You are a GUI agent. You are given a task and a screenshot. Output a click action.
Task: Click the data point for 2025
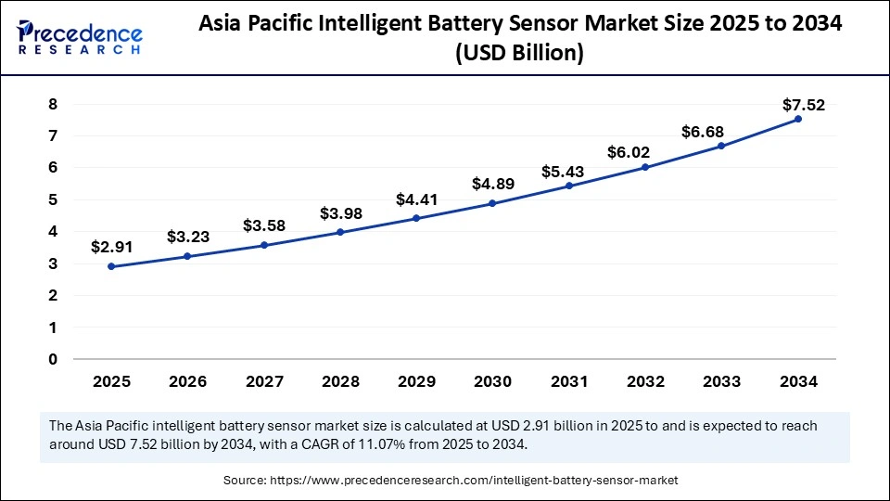(x=111, y=266)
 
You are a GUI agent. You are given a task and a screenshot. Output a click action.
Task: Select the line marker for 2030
(x=492, y=203)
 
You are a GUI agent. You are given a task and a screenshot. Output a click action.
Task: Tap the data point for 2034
(x=797, y=119)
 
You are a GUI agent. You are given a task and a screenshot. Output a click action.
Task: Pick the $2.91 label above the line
(x=110, y=247)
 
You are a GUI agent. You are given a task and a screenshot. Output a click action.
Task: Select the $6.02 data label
(x=628, y=152)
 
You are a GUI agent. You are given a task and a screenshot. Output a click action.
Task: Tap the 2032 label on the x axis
(x=644, y=381)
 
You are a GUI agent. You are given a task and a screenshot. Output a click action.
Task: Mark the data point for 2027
(x=264, y=245)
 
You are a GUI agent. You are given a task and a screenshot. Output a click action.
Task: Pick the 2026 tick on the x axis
(x=187, y=381)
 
